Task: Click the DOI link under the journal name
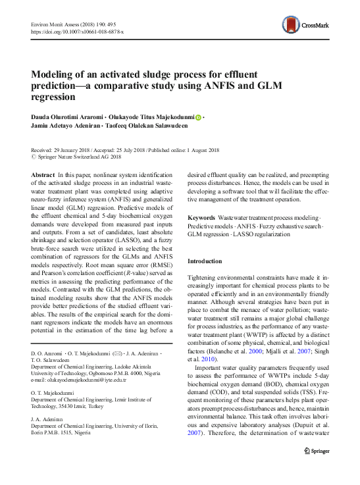point(77,32)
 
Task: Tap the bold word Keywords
point(201,217)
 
